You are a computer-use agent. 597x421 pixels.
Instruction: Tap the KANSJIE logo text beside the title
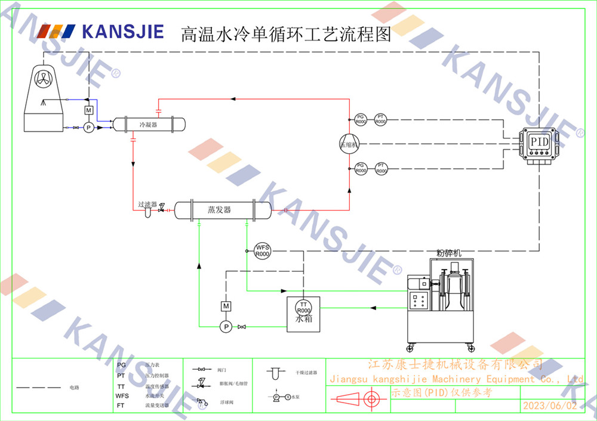122,32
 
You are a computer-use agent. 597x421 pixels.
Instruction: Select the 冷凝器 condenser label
148,125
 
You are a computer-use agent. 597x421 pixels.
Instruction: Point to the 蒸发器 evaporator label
219,210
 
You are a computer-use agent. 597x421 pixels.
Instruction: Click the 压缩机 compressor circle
347,144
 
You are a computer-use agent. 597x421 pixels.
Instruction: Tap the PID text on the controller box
540,143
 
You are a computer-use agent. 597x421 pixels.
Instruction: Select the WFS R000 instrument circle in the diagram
263,250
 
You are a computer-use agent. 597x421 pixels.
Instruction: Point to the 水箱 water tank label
303,319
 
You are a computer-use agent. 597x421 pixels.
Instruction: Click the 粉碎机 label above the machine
449,253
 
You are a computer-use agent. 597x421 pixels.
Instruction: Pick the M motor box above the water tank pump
226,306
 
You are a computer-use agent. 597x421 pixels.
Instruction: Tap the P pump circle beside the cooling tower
88,128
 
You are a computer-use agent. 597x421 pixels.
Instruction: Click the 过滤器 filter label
147,204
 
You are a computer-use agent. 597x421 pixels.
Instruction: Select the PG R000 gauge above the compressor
361,119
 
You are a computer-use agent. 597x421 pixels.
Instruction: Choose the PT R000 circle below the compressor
381,169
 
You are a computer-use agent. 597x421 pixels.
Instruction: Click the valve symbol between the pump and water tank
241,327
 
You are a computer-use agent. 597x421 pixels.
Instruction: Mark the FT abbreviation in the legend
121,405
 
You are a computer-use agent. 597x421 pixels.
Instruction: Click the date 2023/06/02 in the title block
550,405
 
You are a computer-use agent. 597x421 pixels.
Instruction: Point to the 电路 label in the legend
75,388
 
